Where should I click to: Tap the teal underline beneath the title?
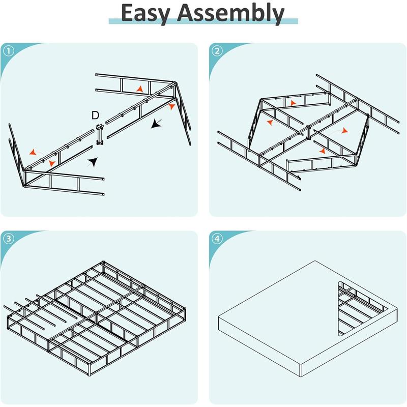[x=203, y=21]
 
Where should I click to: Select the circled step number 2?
[x=218, y=51]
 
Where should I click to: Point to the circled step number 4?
[x=218, y=239]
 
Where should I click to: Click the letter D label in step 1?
[x=95, y=115]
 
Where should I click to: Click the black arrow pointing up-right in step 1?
[x=92, y=162]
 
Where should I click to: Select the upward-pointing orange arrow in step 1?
[x=139, y=89]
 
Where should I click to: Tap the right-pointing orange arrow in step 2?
[x=344, y=131]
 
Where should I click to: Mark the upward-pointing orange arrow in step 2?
[x=293, y=104]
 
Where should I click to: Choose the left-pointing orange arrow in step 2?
[x=269, y=123]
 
